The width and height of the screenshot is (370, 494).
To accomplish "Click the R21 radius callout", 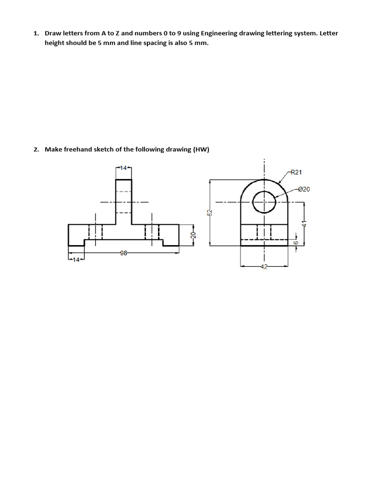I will tap(296, 172).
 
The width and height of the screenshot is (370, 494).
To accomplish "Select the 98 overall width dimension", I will tap(123, 253).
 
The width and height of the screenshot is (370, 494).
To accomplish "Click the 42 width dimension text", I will tap(264, 267).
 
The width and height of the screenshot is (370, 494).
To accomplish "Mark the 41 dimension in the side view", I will tap(304, 223).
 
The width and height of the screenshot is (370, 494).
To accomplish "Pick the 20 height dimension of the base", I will tap(193, 235).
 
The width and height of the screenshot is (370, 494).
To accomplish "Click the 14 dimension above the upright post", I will tap(123, 168).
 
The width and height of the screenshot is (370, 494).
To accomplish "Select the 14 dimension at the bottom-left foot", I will tap(76, 261).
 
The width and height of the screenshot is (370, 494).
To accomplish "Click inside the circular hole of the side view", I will tap(264, 202).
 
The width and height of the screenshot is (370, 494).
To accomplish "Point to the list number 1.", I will tap(36, 33).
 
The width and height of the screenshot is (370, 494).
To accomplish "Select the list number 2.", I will tap(36, 149).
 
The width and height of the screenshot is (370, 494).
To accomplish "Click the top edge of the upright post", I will tap(123, 179).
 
